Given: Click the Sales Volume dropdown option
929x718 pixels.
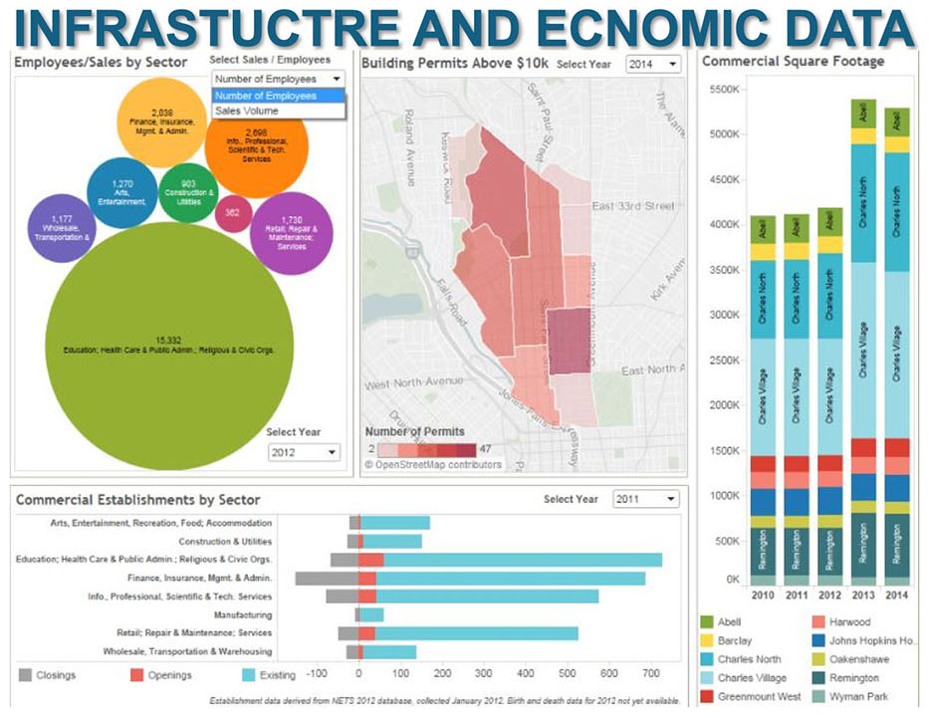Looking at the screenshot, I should pyautogui.click(x=247, y=112).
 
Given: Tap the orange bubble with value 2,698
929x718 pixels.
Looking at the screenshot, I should pyautogui.click(x=256, y=144).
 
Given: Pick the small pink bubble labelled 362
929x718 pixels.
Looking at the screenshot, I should pyautogui.click(x=232, y=212).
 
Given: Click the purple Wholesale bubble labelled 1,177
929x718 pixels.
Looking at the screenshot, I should pyautogui.click(x=61, y=227).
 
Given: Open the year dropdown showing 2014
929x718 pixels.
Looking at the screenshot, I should pyautogui.click(x=653, y=63).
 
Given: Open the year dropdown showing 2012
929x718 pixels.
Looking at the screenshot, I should pyautogui.click(x=304, y=451).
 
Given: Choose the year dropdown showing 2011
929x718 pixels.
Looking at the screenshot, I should pyautogui.click(x=645, y=499).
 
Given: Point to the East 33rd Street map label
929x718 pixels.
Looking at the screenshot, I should pyautogui.click(x=632, y=206).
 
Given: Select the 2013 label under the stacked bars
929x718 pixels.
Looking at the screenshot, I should pyautogui.click(x=862, y=597).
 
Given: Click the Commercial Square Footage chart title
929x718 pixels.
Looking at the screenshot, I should pyautogui.click(x=793, y=61).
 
